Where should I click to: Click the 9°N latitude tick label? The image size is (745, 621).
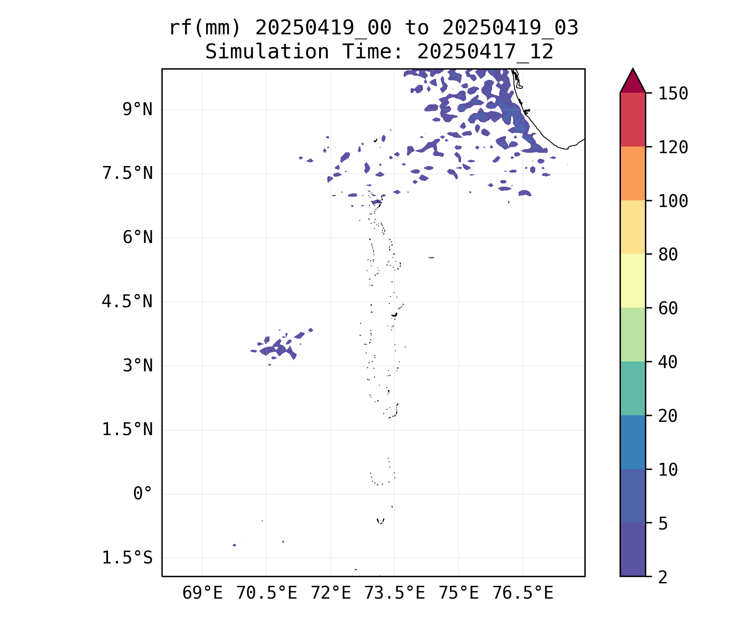coord(137,110)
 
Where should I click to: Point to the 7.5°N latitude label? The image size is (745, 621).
coord(127,173)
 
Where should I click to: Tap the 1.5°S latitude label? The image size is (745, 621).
coord(127,558)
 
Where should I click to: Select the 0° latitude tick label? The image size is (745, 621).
coord(143,494)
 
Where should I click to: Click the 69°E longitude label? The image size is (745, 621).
coord(202,593)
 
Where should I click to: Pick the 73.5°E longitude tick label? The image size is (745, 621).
coord(394,593)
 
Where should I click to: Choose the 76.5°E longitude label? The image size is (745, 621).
coord(523,593)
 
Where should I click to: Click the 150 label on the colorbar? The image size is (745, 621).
coord(673,94)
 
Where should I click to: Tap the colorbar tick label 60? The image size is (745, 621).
coord(668,308)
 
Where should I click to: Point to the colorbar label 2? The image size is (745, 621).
coord(663,577)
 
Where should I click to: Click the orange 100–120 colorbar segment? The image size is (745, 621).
coord(632,173)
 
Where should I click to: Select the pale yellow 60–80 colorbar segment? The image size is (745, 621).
coord(632,281)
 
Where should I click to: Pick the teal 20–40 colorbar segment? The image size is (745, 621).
coord(632,388)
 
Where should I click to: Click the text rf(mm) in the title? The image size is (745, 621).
coord(205,28)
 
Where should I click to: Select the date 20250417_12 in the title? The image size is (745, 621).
coord(485,52)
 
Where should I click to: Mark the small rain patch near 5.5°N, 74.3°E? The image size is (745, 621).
coord(431,258)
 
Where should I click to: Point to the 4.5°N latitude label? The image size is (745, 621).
coord(127,302)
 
